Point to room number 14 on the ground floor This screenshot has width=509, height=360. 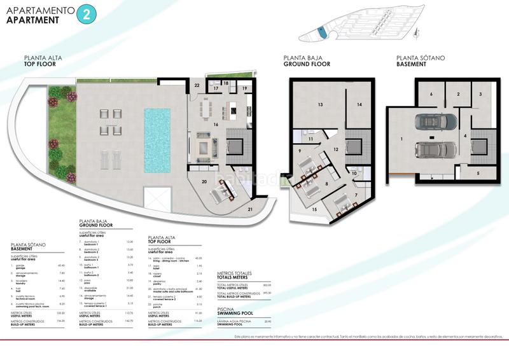359,104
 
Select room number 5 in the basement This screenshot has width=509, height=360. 478,172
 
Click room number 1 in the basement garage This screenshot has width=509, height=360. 402,138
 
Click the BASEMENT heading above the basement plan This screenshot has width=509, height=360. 411,64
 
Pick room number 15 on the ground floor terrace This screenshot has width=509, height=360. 313,209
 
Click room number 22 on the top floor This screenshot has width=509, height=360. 197,85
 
